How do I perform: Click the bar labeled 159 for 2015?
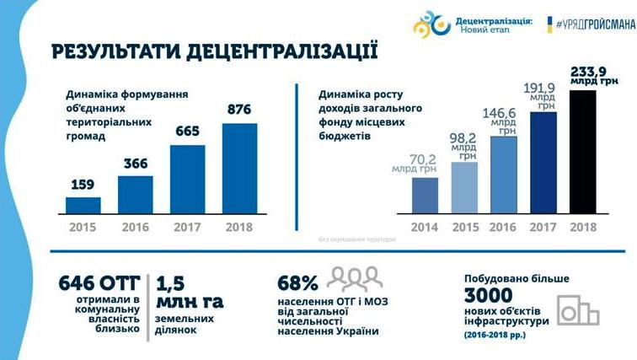pos(83,205)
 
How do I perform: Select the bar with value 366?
pos(135,194)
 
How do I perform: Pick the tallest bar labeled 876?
pos(239,168)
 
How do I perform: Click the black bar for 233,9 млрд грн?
pos(582,151)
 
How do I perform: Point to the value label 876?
pos(239,110)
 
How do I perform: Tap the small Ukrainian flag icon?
pos(550,26)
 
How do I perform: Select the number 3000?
pos(491,296)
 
